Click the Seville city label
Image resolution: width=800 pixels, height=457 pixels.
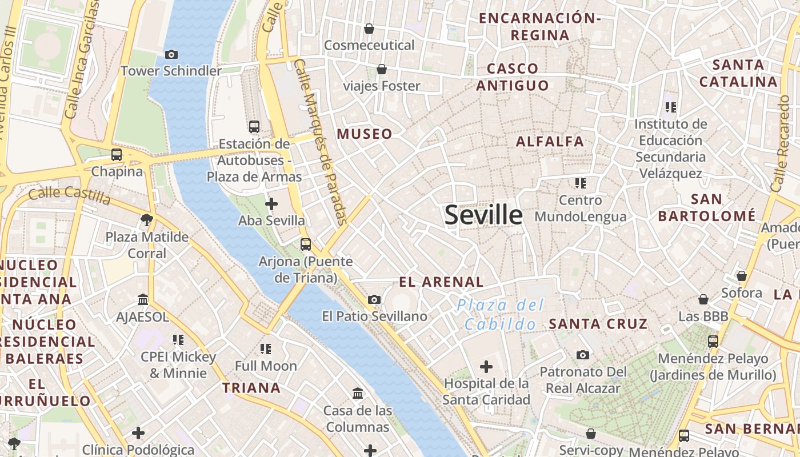[x=483, y=215]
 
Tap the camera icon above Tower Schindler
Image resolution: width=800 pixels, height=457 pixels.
[x=171, y=55]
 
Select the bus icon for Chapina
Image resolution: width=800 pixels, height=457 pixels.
[x=117, y=155]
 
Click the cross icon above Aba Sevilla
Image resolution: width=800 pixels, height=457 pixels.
[x=271, y=204]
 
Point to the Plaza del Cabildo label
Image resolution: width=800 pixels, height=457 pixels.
[x=501, y=315]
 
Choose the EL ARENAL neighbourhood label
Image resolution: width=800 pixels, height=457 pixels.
[x=441, y=282]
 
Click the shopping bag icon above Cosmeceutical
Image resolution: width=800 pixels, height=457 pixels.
[x=369, y=29]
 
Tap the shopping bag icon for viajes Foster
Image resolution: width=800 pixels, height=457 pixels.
[x=381, y=70]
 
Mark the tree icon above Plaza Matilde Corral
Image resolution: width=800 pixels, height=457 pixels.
[x=147, y=220]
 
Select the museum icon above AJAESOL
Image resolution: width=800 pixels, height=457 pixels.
[x=143, y=300]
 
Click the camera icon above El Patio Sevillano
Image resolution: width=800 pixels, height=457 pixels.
[x=374, y=299]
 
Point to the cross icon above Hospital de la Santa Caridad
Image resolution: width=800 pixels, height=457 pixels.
[x=486, y=366]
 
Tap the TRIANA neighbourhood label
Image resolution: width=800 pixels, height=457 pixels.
[x=251, y=388]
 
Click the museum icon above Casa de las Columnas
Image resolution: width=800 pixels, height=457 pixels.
[x=358, y=394]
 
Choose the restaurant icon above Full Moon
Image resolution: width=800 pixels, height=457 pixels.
[x=266, y=348]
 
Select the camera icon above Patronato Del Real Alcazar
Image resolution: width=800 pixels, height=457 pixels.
[x=583, y=355]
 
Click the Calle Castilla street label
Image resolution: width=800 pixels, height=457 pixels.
[x=69, y=194]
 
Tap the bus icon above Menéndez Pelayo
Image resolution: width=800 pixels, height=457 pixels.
[x=713, y=342]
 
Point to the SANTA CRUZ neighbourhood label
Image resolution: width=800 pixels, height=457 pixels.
[x=598, y=324]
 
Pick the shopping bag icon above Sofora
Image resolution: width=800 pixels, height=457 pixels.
[x=742, y=276]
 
